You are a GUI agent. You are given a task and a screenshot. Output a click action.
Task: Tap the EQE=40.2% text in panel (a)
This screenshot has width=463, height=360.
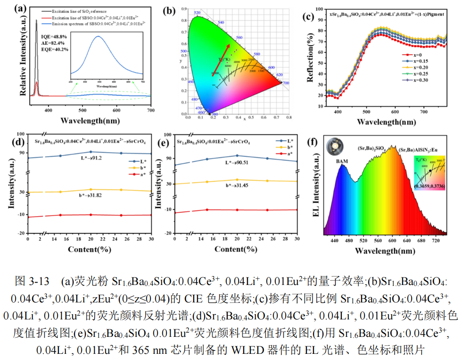point(55,49)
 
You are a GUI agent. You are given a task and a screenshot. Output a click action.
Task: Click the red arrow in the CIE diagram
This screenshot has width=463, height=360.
point(222,59)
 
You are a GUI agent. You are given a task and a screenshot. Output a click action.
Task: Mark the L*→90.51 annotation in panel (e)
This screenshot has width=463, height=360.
point(239,163)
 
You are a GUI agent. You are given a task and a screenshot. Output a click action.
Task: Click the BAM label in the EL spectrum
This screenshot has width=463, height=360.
point(342,161)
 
